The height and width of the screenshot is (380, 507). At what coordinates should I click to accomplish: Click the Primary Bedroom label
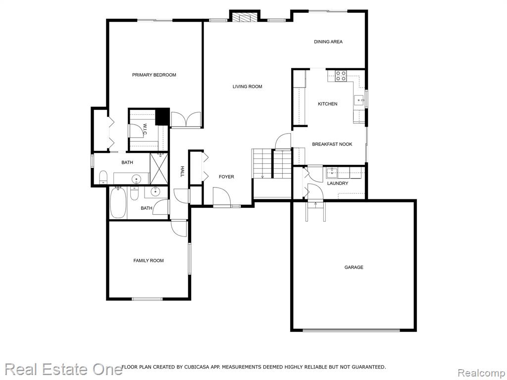[154, 75]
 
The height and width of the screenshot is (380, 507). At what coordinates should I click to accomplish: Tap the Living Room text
[248, 87]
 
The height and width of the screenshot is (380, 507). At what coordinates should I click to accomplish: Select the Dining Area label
[328, 42]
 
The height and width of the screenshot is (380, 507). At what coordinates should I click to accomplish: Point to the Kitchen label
[328, 104]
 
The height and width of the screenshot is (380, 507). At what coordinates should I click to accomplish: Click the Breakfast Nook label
[332, 144]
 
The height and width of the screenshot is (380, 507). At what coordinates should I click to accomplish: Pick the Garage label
[354, 267]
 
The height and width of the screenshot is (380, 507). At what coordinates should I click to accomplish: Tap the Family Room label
[149, 260]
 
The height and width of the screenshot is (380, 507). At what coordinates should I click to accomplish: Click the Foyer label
[226, 177]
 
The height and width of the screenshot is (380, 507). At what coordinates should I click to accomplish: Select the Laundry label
[338, 183]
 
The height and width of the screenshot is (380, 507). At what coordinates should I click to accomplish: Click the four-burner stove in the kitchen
[341, 76]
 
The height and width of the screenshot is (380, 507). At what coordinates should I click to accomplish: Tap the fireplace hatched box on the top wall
[245, 17]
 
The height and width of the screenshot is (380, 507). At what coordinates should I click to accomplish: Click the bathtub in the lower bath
[118, 203]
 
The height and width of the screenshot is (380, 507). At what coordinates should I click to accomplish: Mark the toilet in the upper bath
[103, 177]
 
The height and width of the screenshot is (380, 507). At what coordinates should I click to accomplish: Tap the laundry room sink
[331, 173]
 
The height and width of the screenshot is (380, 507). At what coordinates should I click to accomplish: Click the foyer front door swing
[221, 196]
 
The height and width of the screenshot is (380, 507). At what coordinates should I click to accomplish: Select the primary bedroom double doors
[186, 119]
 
